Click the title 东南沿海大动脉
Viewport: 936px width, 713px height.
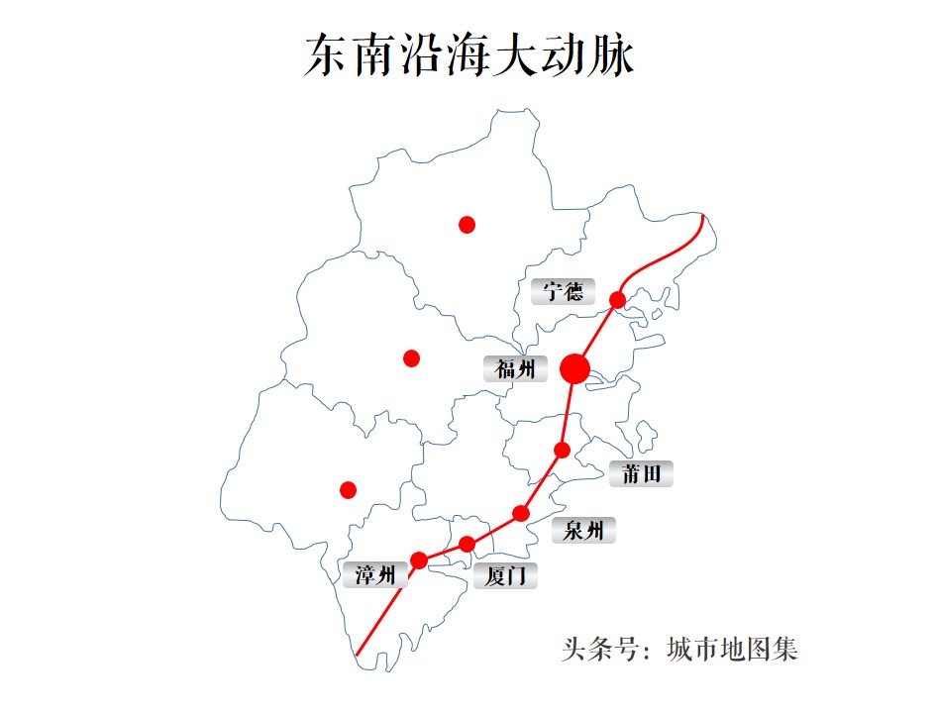point(468,55)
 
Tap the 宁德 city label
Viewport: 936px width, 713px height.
point(563,292)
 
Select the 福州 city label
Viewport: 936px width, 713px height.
point(515,369)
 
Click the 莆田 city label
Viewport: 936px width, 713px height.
point(641,473)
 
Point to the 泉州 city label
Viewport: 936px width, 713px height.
point(583,531)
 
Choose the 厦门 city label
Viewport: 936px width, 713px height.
point(505,575)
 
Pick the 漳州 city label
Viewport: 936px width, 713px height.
point(374,574)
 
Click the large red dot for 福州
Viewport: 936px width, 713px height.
point(574,369)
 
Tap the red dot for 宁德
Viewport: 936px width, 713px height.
point(617,299)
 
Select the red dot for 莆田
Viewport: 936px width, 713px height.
point(562,451)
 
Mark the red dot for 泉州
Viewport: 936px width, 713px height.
point(521,513)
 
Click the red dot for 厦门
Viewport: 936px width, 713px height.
point(468,544)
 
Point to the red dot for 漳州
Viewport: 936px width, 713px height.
point(419,560)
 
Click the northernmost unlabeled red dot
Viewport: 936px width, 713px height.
point(468,225)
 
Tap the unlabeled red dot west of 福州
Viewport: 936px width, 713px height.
point(412,358)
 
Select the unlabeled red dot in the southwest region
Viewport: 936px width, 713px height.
point(348,489)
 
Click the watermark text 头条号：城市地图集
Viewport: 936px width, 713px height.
point(679,650)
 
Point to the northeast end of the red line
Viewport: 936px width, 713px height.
point(702,215)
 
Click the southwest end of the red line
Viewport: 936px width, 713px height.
point(357,655)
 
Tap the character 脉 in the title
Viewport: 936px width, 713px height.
point(613,55)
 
